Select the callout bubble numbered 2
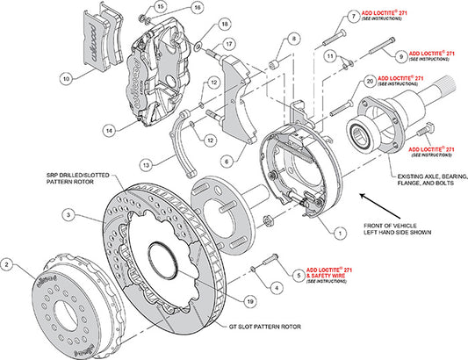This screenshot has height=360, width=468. (8, 263)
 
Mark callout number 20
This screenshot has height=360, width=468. (371, 80)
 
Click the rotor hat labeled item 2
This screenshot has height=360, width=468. (66, 299)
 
